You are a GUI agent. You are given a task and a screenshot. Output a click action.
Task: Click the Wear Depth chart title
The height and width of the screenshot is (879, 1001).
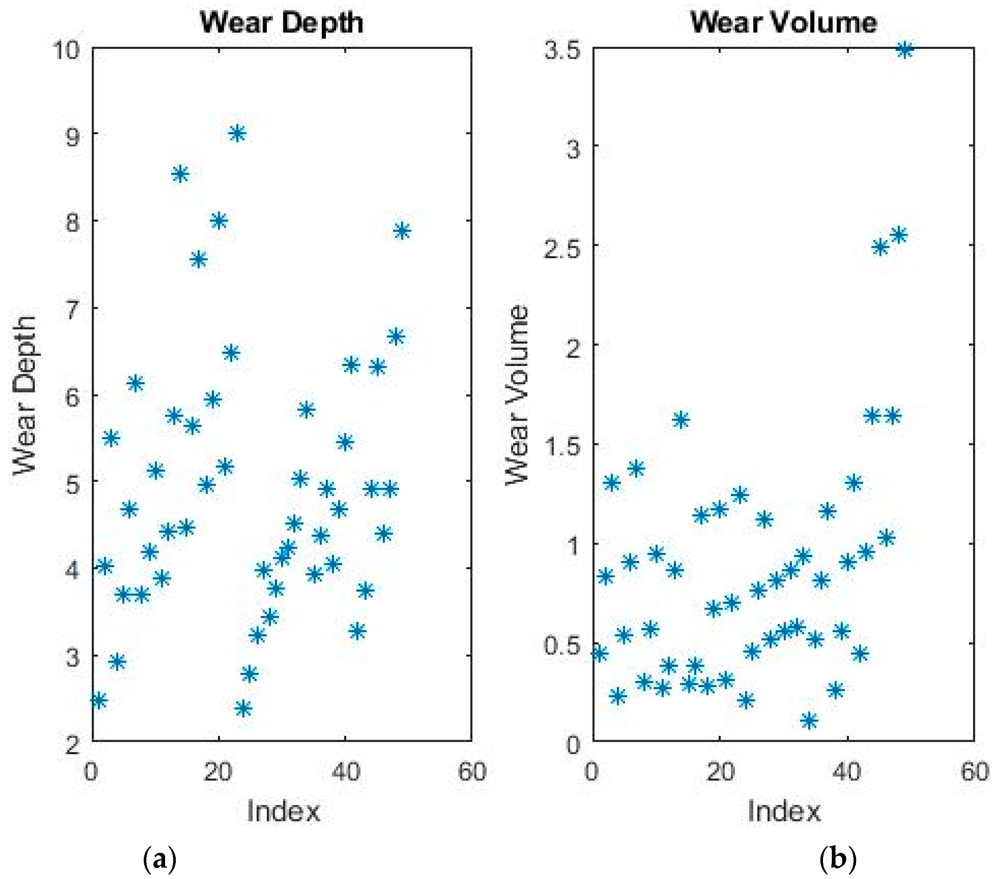coord(282,22)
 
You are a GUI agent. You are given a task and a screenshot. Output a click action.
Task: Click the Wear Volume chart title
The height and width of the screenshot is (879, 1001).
coord(783,22)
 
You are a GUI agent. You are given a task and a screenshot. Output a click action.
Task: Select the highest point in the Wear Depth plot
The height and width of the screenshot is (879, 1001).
coord(237,133)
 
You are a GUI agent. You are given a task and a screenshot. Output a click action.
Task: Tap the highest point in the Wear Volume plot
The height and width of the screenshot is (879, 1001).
coord(904,49)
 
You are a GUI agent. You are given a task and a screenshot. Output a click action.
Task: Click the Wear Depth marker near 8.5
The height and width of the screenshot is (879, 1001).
coord(180,174)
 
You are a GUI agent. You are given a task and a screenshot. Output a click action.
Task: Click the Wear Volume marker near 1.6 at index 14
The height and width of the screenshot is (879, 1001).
coord(681,420)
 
